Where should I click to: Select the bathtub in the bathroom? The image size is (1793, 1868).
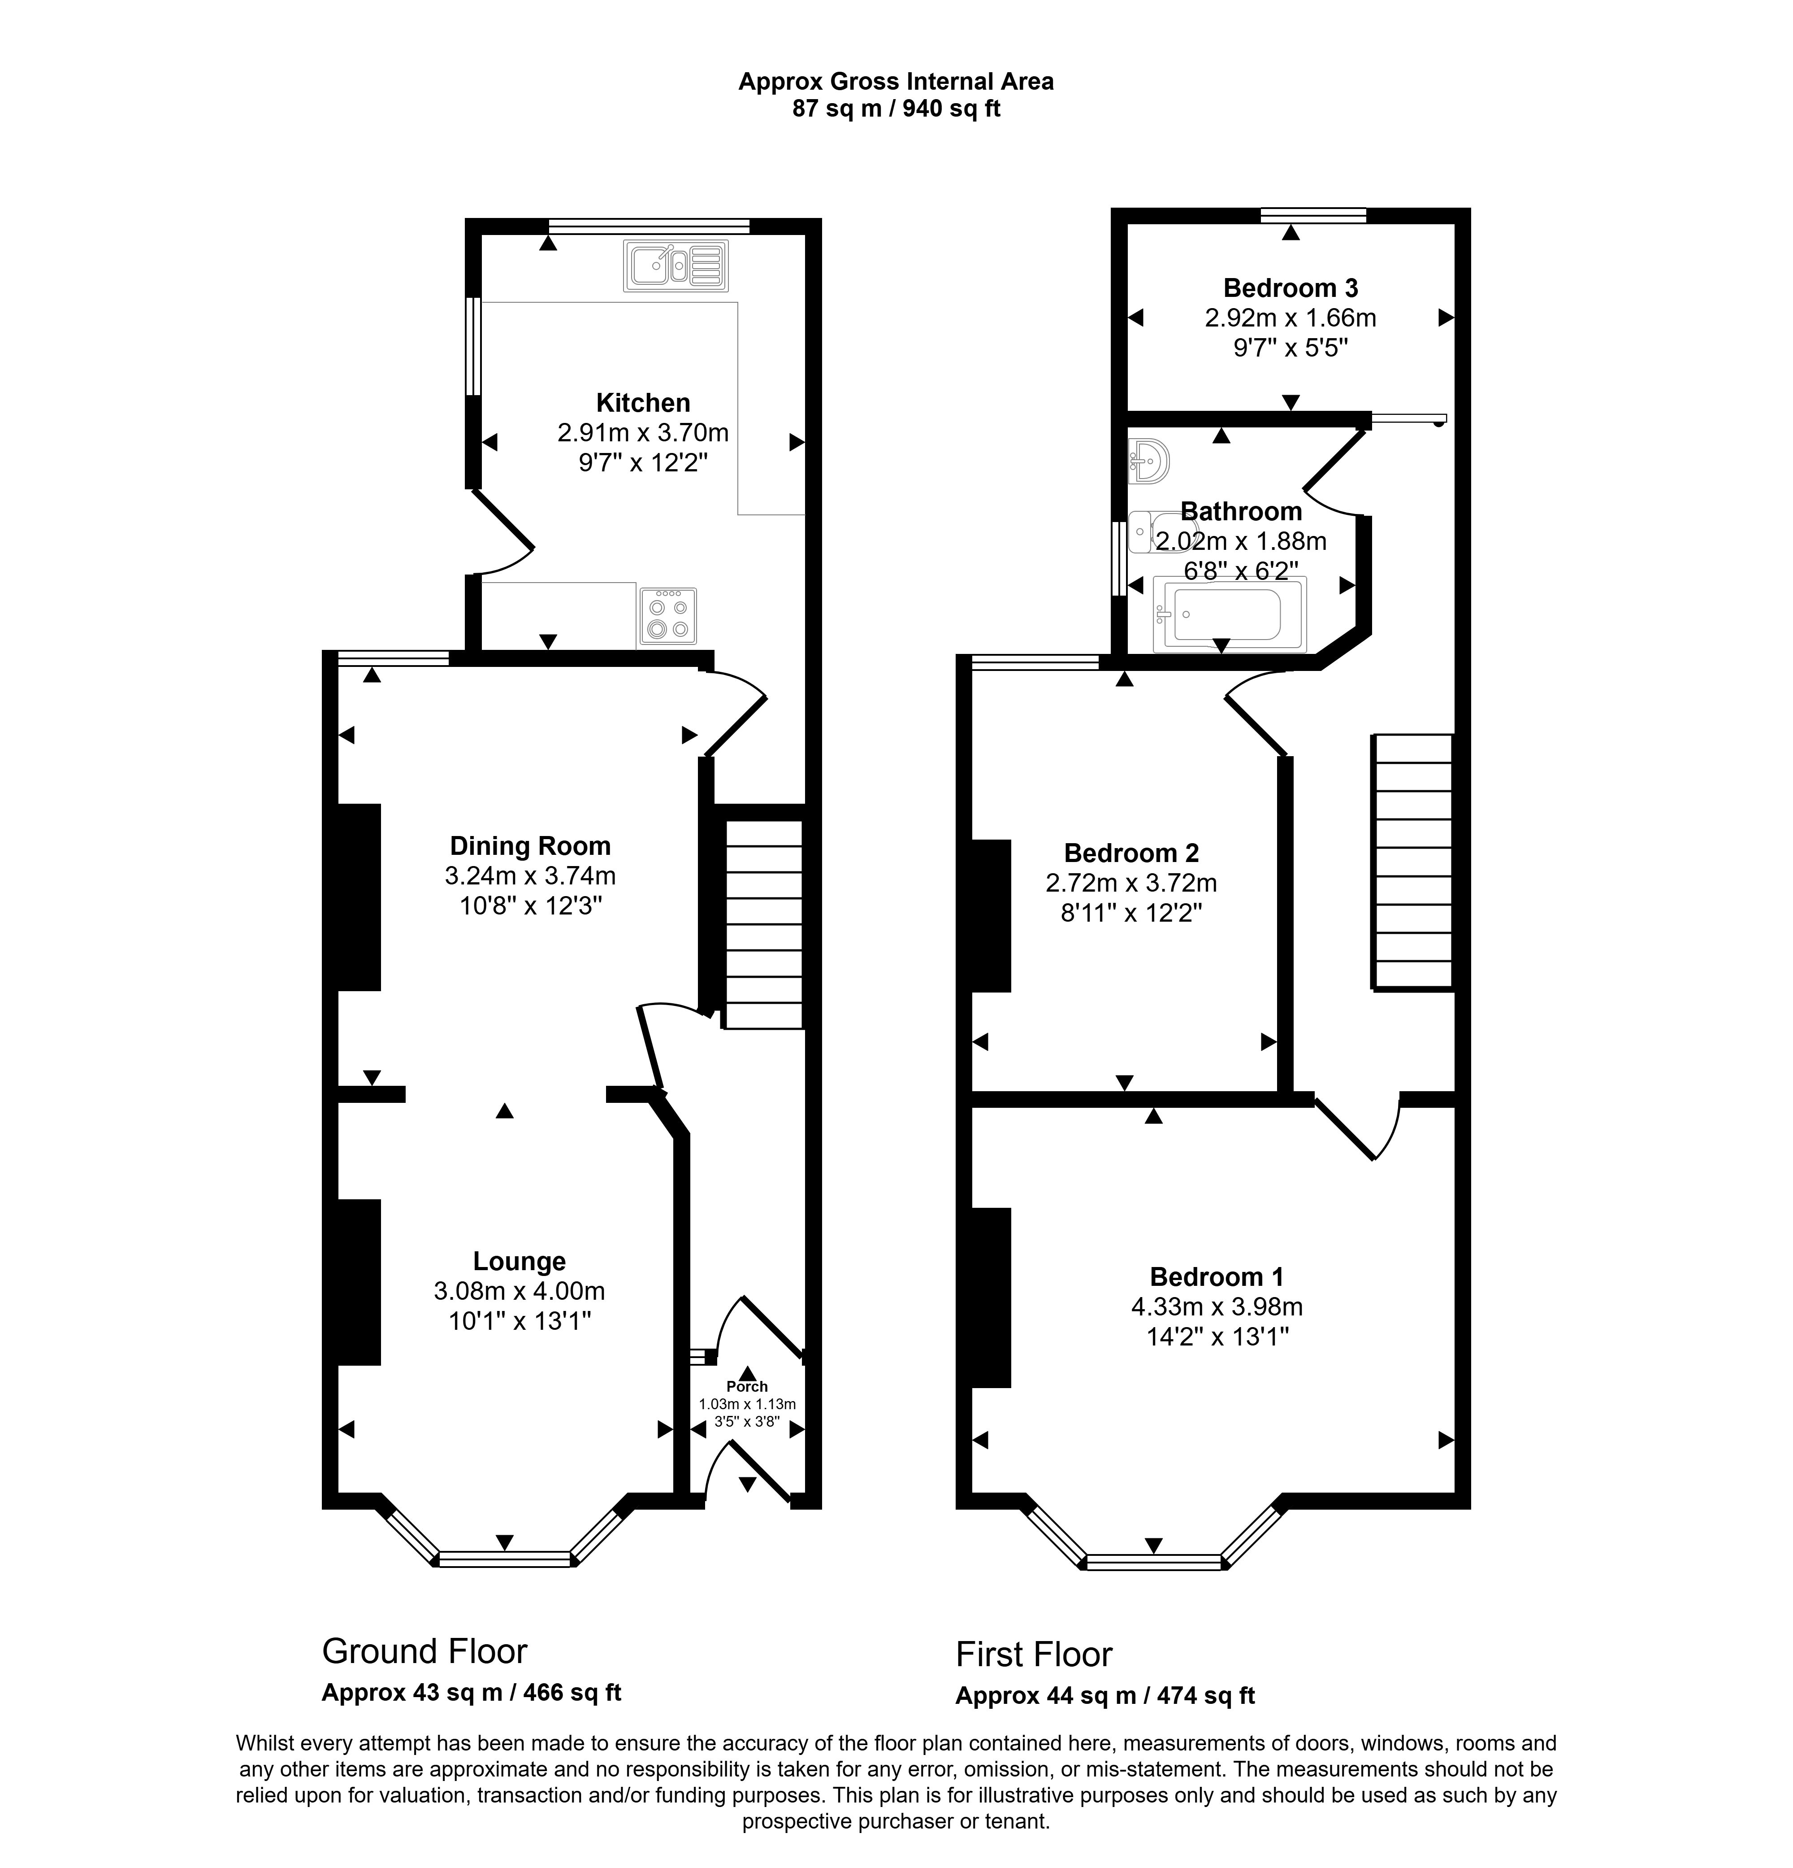[1228, 615]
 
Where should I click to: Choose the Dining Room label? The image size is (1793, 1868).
[530, 845]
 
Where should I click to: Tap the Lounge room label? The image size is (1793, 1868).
[519, 1261]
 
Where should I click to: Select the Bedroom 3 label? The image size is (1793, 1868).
[1290, 288]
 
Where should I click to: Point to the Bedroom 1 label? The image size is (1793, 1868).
[1217, 1276]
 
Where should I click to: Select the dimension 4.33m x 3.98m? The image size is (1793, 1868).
[1217, 1306]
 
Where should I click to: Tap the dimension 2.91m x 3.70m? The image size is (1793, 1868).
[643, 433]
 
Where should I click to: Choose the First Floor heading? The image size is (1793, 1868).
[1034, 1655]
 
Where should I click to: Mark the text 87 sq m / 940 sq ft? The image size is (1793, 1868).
[896, 109]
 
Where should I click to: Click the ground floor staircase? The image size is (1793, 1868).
[764, 924]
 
